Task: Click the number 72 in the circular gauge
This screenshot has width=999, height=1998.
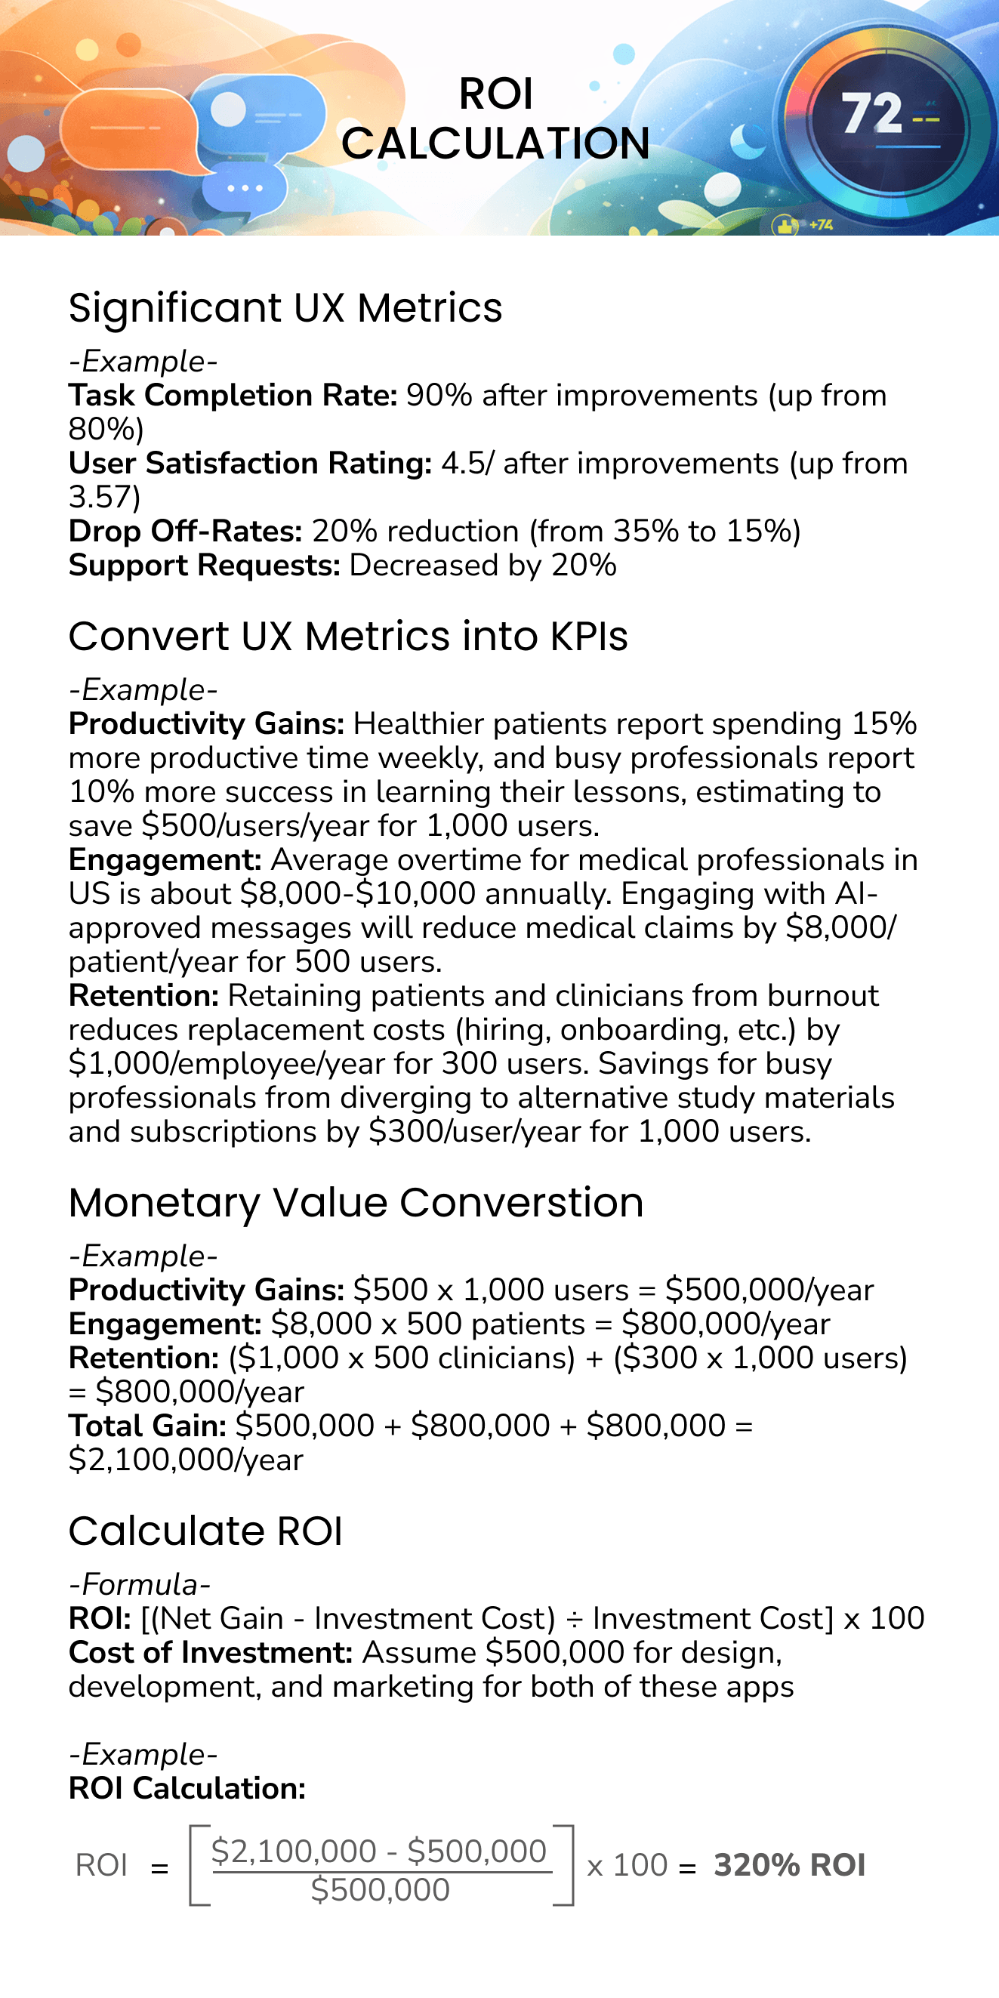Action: [x=872, y=113]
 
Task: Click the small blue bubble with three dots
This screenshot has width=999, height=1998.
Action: [x=245, y=188]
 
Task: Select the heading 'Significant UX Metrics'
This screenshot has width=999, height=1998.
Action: [x=285, y=308]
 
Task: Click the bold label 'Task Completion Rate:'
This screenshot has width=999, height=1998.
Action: [x=233, y=396]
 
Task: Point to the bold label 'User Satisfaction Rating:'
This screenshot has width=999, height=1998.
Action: [x=250, y=463]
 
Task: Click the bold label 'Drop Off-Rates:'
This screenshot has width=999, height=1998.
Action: [x=185, y=532]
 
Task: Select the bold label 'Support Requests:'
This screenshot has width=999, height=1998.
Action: [x=204, y=566]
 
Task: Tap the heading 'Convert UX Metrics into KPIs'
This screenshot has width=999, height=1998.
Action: [x=347, y=637]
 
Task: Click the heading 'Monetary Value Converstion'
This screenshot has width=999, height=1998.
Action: [x=356, y=1203]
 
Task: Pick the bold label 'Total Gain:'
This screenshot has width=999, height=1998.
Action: [x=147, y=1426]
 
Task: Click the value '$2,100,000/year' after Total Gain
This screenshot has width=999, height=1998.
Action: [x=187, y=1460]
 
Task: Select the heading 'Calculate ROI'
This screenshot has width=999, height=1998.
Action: [x=205, y=1531]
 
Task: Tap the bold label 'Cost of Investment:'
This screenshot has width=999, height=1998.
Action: [x=210, y=1652]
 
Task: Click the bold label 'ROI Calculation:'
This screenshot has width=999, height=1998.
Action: [x=187, y=1788]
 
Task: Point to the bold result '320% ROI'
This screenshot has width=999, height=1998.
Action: [x=789, y=1864]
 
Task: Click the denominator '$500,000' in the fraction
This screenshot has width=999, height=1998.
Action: [x=380, y=1890]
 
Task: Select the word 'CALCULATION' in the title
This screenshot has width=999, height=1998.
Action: [x=495, y=143]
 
